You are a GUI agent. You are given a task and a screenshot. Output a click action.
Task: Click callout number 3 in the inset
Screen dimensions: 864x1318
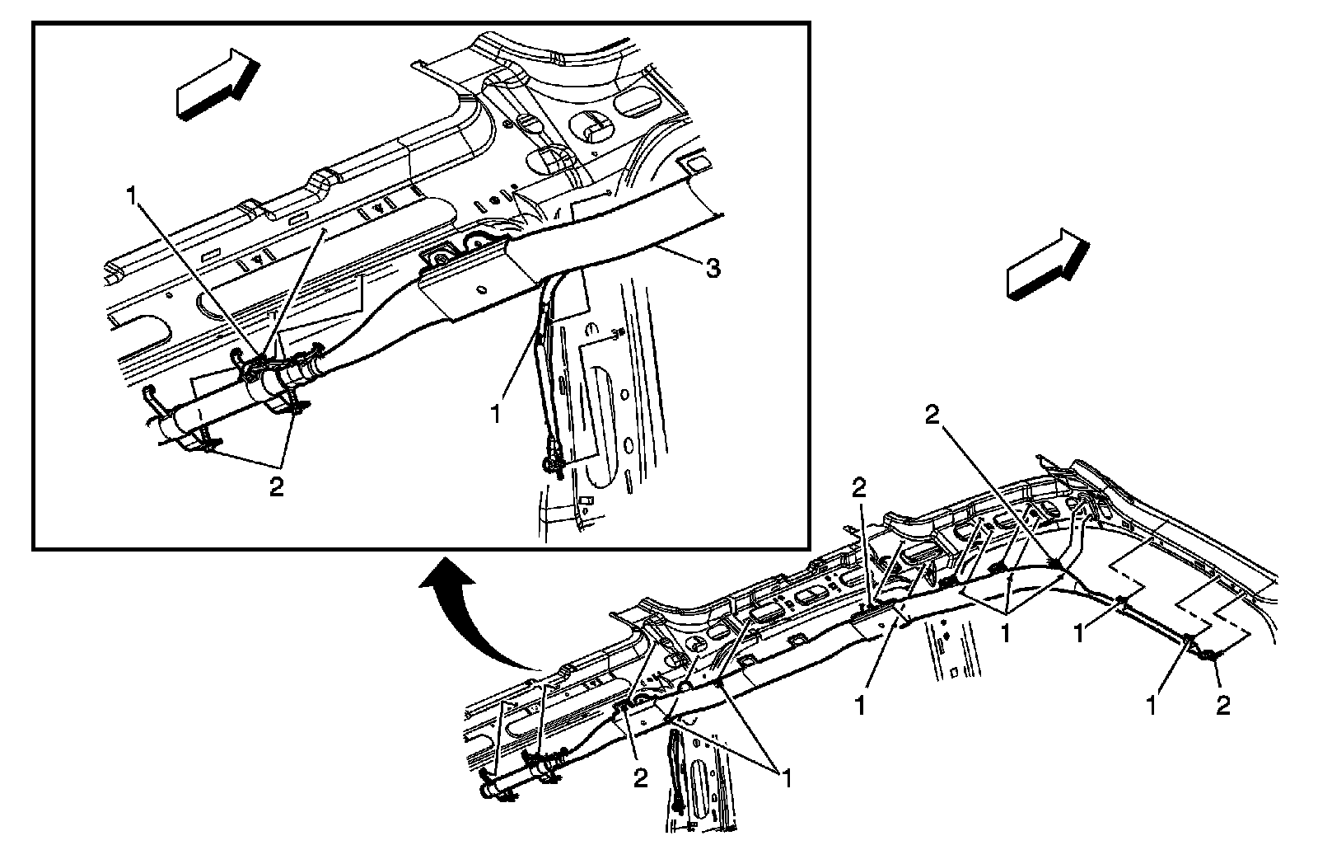713,268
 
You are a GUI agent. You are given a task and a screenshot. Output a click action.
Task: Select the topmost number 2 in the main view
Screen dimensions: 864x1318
932,417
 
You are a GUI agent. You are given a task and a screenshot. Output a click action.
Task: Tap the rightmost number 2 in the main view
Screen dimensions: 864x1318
1223,706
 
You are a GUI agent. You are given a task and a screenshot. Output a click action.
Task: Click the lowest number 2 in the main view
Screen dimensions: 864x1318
641,778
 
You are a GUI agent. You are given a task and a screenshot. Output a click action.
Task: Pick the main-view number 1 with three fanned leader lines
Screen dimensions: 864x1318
1006,633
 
